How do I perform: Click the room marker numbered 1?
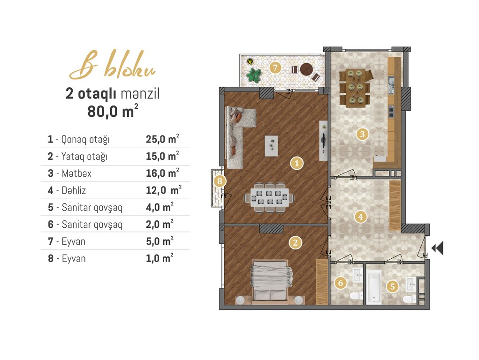297,163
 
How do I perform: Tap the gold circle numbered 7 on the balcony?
275,67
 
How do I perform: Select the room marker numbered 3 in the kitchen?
362,134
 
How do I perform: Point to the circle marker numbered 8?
220,181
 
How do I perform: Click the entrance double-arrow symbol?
437,247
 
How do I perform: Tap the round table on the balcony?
307,69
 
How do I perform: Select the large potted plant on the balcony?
254,75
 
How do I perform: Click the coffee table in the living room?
271,146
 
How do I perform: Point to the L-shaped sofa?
238,136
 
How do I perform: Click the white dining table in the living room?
269,197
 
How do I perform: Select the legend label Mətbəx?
76,173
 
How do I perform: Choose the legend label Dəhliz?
74,190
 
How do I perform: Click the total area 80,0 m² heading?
113,111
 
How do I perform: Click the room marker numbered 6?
341,283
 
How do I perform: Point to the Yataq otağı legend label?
84,157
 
